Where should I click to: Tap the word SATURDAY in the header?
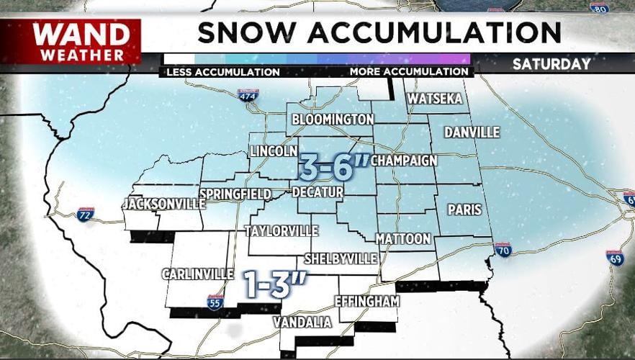click(x=551, y=64)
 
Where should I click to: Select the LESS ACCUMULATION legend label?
click(x=222, y=72)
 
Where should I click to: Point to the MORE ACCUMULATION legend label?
click(x=408, y=72)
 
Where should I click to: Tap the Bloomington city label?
click(x=332, y=120)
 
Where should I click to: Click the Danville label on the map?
click(x=472, y=132)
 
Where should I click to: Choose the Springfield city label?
click(x=235, y=194)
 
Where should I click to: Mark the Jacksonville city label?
click(x=163, y=204)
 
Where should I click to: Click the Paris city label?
click(x=464, y=210)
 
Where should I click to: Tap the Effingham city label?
click(x=366, y=301)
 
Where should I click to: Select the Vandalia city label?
click(x=302, y=323)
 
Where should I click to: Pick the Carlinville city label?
click(x=197, y=274)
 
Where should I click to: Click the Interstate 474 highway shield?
click(x=248, y=95)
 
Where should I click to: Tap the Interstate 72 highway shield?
click(x=86, y=214)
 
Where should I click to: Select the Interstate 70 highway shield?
click(x=503, y=250)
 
